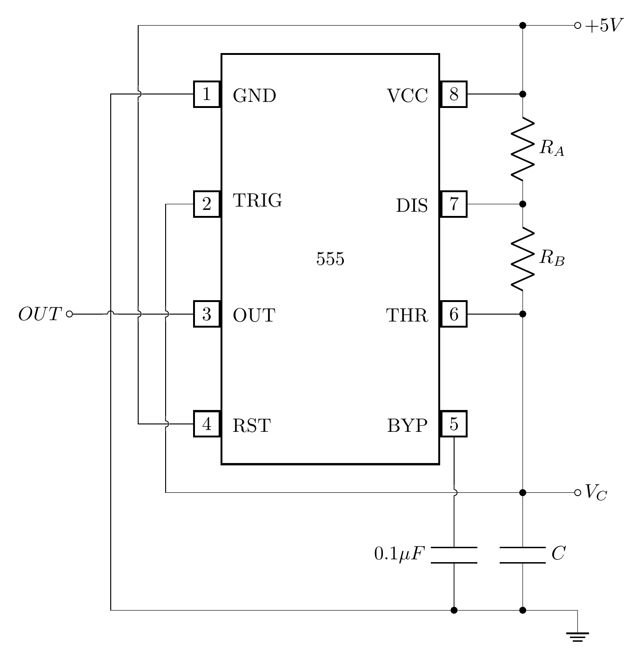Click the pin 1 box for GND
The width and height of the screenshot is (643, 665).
click(x=207, y=94)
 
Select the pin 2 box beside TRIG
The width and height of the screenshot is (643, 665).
click(x=207, y=204)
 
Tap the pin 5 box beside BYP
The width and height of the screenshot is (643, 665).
click(x=454, y=424)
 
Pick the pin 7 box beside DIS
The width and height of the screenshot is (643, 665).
click(x=454, y=204)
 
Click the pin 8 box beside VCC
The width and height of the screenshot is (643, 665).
click(x=454, y=94)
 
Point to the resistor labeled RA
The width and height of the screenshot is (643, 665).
click(x=522, y=149)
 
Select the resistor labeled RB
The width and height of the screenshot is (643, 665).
click(x=522, y=259)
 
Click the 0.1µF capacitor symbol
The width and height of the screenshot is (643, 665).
click(x=454, y=555)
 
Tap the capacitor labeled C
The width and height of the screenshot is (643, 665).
click(x=522, y=555)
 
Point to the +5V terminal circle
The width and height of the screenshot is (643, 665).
click(x=577, y=26)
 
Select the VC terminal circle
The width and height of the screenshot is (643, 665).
click(x=577, y=492)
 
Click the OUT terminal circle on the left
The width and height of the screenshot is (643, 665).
click(x=69, y=314)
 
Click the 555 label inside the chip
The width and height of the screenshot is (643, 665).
click(x=330, y=259)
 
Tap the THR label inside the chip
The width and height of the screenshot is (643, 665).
click(x=407, y=316)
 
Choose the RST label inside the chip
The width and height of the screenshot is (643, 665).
click(x=251, y=426)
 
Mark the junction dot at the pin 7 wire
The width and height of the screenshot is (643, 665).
click(x=522, y=204)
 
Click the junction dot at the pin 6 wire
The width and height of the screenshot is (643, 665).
click(x=522, y=314)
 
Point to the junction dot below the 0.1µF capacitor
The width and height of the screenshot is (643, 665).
click(x=454, y=610)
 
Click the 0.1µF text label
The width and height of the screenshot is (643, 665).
click(x=400, y=554)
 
